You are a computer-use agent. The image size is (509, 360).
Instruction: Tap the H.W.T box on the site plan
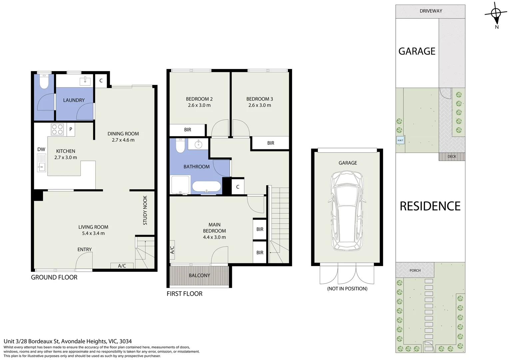(x=400, y=140)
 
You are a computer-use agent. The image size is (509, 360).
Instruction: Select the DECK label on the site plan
(x=452, y=156)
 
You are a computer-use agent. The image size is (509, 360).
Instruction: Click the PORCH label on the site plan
(x=415, y=270)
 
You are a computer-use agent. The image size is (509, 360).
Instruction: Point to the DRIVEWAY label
(x=431, y=11)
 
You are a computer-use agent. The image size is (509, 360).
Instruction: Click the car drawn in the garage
(x=347, y=211)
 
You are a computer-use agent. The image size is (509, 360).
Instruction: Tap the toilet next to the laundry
(x=44, y=81)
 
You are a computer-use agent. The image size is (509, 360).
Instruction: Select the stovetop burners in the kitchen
(x=57, y=129)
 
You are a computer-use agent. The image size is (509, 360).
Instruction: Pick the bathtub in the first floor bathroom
(x=207, y=186)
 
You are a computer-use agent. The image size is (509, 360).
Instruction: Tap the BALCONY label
(x=199, y=275)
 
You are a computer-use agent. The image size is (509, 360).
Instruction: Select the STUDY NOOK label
(x=145, y=210)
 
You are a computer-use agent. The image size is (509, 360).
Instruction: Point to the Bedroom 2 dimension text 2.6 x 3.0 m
(x=199, y=105)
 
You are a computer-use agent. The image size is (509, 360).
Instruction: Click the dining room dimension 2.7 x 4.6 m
(x=123, y=140)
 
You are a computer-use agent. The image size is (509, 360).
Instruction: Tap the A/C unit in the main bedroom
(x=172, y=250)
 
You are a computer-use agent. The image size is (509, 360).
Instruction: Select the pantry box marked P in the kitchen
(x=71, y=129)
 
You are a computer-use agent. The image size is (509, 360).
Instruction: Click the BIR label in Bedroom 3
(x=270, y=143)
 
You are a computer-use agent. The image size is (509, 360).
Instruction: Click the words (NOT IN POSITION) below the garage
(x=347, y=289)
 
